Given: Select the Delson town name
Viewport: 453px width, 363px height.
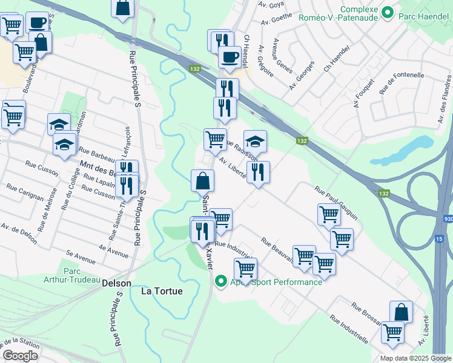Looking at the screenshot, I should (x=116, y=283).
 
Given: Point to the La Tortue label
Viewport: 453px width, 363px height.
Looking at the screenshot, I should (x=162, y=290).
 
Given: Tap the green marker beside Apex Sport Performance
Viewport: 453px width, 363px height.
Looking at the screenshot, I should (x=220, y=281).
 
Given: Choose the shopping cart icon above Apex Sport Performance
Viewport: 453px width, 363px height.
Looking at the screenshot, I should (x=245, y=268).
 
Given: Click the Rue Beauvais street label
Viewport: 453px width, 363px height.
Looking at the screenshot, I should (x=277, y=250).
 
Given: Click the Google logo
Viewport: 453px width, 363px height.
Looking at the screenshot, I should (x=21, y=356).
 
